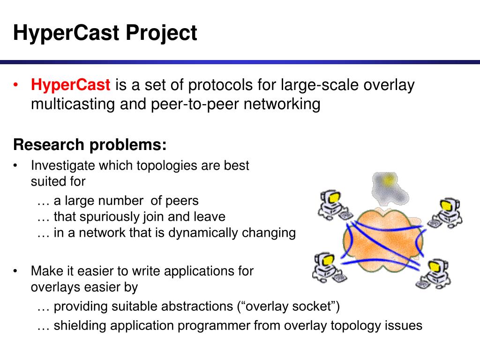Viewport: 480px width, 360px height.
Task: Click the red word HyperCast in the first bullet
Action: [x=70, y=84]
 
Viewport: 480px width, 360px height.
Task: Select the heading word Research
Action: [x=49, y=144]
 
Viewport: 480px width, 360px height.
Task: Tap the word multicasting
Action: [x=73, y=105]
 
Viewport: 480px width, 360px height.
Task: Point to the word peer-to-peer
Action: [x=195, y=105]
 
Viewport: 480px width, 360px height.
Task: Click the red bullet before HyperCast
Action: [x=15, y=85]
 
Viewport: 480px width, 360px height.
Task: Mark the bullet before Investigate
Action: [x=15, y=165]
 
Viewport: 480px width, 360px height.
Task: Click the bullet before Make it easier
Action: [x=15, y=271]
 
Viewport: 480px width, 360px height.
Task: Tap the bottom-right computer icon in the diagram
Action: [x=433, y=274]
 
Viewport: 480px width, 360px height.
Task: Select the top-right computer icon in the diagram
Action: [x=446, y=213]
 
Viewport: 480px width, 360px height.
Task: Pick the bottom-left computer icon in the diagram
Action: [x=329, y=267]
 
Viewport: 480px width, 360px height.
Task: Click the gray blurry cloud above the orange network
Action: [x=389, y=188]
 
